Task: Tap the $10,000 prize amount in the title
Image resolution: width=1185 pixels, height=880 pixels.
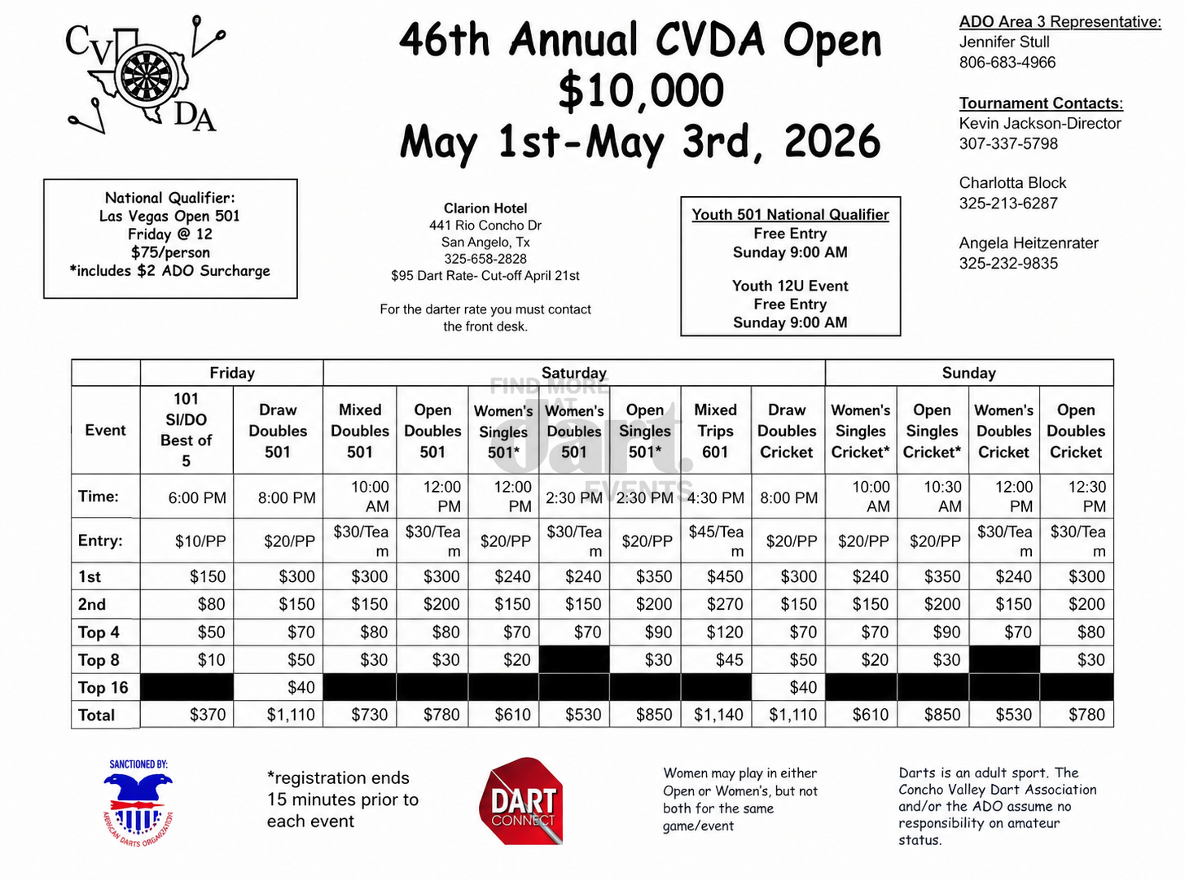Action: coord(641,90)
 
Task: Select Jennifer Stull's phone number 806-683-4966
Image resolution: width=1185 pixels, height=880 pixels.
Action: coord(1007,63)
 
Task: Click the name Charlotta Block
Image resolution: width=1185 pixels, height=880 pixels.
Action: coord(1012,183)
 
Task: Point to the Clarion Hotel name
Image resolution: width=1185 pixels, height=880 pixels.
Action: coord(485,208)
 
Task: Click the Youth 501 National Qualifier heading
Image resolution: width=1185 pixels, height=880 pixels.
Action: coord(790,215)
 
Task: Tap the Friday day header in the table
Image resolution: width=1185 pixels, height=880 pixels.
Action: coord(232,373)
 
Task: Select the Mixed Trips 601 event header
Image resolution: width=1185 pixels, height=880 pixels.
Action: coord(715,431)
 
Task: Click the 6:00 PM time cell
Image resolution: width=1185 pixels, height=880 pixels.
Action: coord(197,497)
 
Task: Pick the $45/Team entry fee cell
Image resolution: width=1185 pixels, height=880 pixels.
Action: coord(716,541)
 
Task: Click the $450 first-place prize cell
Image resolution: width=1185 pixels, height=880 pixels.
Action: coord(724,576)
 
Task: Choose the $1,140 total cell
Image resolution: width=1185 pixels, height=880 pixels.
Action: coord(718,715)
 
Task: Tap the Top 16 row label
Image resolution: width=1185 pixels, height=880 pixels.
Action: coord(103,687)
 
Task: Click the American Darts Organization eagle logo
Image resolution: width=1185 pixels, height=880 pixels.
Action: coord(138,803)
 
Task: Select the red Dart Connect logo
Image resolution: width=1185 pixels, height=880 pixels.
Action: coord(522,803)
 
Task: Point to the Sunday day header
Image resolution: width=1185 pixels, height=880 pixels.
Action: coord(968,373)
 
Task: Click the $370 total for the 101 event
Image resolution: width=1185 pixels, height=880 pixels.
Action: coord(207,715)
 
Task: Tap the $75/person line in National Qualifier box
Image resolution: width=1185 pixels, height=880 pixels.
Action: coord(170,252)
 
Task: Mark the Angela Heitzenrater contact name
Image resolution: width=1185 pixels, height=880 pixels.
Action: coord(1028,243)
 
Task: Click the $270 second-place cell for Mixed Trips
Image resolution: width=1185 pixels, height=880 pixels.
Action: coord(724,604)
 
